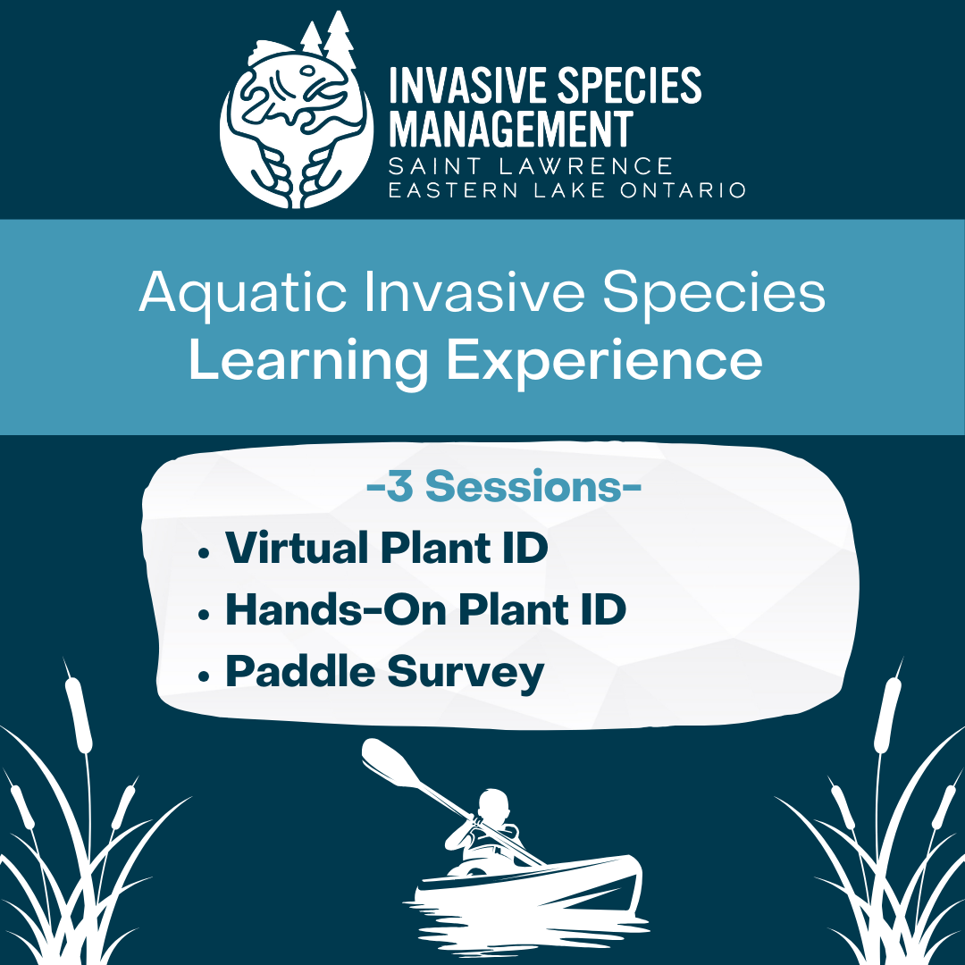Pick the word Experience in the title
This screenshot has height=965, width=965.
point(603,361)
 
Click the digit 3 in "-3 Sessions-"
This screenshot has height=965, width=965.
point(399,488)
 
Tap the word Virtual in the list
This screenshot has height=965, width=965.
point(288,548)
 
